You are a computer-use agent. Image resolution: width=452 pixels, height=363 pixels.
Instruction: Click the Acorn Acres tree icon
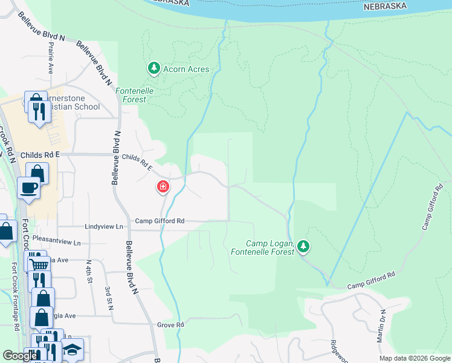154,68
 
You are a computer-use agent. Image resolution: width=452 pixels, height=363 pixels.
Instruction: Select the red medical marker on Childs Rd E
163,188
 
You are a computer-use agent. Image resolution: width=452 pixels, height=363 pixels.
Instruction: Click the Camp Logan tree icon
303,246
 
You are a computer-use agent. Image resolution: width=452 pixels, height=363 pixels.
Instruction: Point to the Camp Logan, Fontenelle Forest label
263,247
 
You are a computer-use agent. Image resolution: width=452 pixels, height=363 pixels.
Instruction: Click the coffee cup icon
29,188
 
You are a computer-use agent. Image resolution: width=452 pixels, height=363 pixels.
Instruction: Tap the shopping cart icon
38,264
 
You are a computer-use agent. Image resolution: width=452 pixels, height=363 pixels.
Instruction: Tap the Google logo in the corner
21,355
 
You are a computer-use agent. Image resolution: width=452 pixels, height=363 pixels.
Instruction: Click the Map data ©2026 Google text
415,358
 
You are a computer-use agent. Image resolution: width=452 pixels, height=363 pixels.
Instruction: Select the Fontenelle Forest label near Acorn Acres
135,95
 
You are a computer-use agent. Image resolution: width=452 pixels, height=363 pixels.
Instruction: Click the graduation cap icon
72,350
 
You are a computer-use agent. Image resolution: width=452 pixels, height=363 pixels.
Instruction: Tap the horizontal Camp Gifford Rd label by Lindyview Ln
160,221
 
